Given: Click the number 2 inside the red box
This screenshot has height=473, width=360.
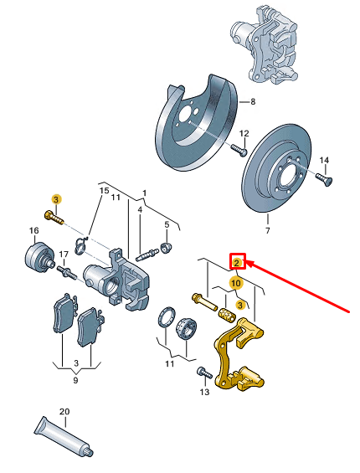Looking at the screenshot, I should tap(238, 263).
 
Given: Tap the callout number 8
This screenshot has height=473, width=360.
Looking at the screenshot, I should tap(254, 102).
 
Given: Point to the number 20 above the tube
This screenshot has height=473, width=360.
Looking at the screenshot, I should tap(64, 413).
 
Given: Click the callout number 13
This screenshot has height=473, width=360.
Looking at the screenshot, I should tap(204, 392).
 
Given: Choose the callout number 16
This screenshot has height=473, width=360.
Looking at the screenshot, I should tap(34, 230).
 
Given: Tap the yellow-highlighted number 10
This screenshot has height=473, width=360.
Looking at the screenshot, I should tap(237, 284).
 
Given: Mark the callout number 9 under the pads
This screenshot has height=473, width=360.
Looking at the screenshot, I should tap(75, 381).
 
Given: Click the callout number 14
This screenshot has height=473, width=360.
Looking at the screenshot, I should tap(324, 160).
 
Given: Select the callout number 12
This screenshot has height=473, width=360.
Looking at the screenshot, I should tap(244, 135).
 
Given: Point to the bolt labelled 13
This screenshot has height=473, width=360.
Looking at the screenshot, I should tap(202, 371).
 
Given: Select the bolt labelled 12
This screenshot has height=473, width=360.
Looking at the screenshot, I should tap(237, 152).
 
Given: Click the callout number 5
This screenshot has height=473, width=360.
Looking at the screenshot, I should tap(167, 224).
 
